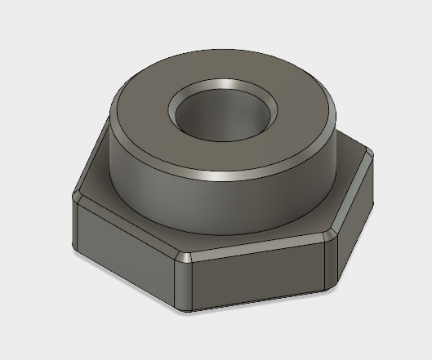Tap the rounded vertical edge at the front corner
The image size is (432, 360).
coord(184,282)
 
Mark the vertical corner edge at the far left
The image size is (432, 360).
coord(76,220)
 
